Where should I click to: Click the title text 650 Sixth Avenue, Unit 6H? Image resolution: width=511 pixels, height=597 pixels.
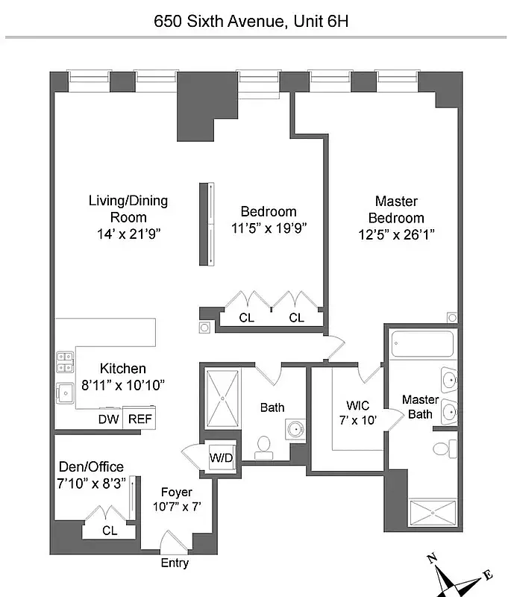(251, 21)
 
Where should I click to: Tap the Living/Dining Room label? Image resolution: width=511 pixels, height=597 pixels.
(128, 209)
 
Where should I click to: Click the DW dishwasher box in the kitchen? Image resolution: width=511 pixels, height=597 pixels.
(108, 419)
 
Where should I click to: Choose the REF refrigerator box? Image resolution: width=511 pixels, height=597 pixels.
(139, 419)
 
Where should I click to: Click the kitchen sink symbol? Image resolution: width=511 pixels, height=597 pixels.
(64, 392)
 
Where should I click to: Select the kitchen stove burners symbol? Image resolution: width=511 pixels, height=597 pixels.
(64, 361)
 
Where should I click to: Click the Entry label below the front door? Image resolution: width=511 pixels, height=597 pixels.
(175, 563)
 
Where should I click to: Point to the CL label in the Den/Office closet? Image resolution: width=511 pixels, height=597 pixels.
(109, 531)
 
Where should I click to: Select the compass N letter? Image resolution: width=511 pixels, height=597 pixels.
(431, 558)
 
